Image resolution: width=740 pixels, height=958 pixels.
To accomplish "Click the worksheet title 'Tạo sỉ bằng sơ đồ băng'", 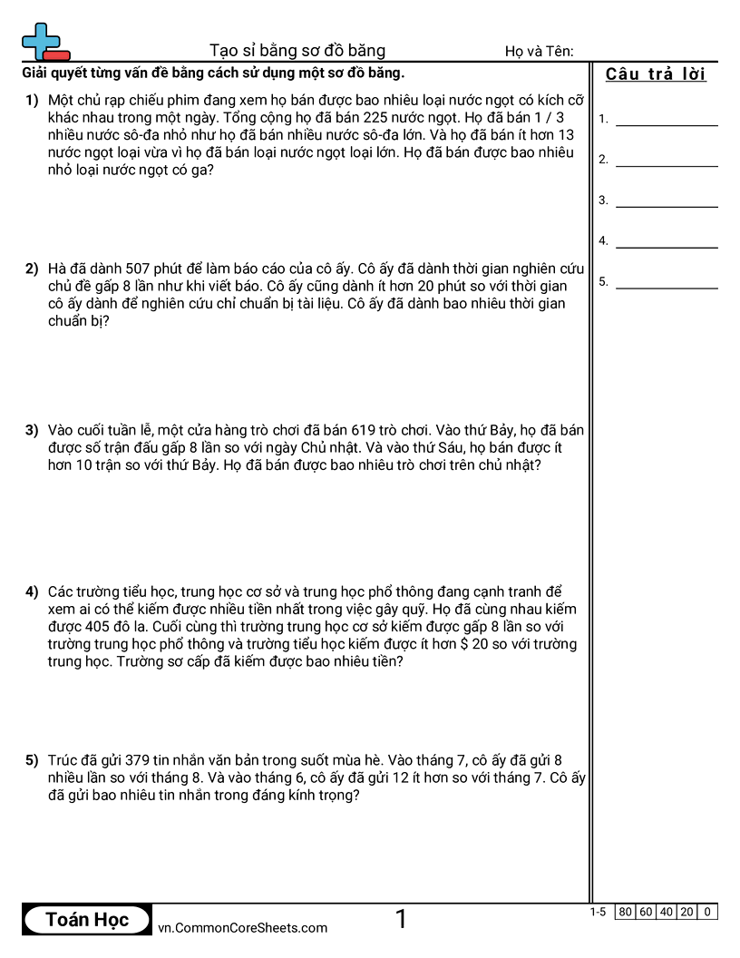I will (297, 51).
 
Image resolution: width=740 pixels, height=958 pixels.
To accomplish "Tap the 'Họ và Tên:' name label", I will (539, 52).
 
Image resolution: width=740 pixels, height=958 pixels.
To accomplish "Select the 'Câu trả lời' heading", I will (656, 74).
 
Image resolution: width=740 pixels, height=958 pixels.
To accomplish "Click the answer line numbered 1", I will (666, 123).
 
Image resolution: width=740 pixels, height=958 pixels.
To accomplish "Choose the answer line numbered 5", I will (666, 287).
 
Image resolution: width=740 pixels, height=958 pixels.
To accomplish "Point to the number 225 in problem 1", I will (376, 118).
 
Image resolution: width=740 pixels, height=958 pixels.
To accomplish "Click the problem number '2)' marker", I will (32, 269).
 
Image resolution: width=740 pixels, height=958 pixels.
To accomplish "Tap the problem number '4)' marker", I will (32, 592).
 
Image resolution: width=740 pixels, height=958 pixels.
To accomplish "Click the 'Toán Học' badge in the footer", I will (87, 920).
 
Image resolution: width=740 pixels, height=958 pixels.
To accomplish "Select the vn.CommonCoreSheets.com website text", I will (242, 927).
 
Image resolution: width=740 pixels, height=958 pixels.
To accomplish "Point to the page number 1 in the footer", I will (401, 920).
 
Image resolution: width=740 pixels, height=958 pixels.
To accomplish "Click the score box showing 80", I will (625, 913).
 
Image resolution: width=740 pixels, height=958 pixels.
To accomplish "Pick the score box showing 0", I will (707, 913).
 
